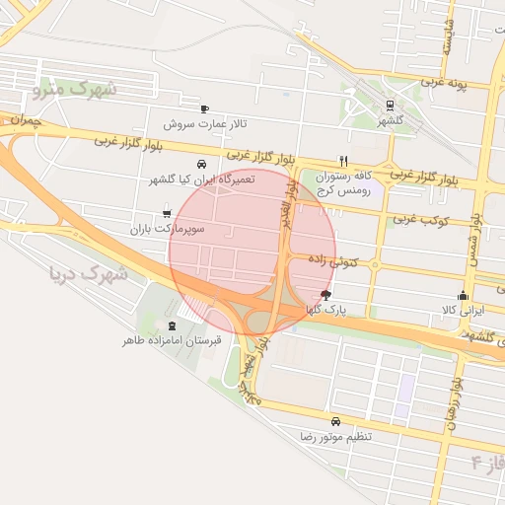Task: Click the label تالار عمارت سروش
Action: click(204, 125)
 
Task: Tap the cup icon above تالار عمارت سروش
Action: click(204, 109)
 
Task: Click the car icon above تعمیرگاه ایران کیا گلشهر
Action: click(201, 164)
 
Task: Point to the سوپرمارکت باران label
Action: click(166, 229)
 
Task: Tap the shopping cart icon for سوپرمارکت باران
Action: click(166, 213)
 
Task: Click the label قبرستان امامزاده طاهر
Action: click(173, 340)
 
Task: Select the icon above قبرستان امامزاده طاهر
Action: click(173, 325)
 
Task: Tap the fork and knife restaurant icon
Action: click(343, 161)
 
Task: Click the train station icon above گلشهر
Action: click(391, 105)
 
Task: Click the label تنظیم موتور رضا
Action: click(336, 435)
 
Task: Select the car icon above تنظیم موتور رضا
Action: click(336, 420)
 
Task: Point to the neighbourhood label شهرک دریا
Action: click(87, 273)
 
